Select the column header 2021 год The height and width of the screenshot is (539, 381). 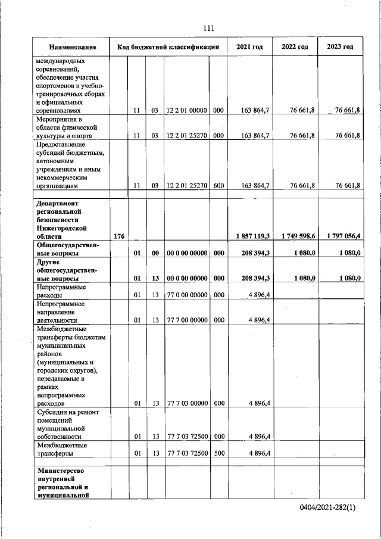pos(250,46)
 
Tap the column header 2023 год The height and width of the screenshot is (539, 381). pos(341,46)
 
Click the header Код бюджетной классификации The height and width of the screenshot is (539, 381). pos(169,46)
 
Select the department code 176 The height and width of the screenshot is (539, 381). pos(118,236)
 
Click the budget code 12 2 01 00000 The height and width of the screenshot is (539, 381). pos(187,111)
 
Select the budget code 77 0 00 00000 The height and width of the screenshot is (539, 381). pos(187,295)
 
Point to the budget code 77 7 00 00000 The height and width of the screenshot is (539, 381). pos(187,320)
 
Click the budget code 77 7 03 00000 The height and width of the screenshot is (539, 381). pos(187,403)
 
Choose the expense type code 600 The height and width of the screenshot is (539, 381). pos(218,186)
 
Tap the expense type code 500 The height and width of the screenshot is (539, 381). pos(218,453)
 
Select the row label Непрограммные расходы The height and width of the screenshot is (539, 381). pos(61,291)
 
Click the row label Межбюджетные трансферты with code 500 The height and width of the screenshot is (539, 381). pos(62,449)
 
